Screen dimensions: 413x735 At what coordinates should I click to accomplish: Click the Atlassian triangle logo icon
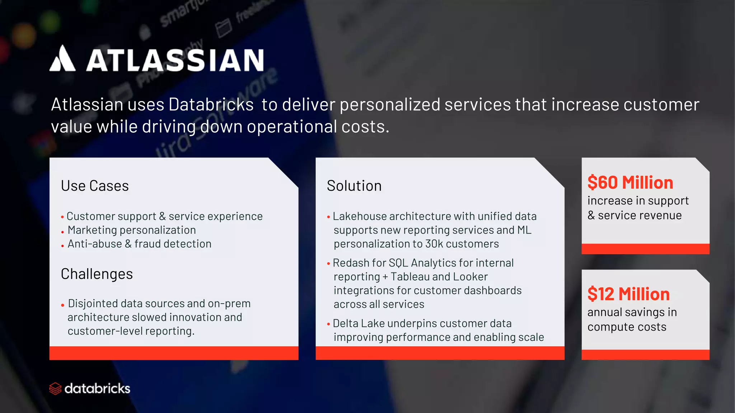[62, 59]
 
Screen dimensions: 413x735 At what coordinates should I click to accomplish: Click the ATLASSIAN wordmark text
[175, 60]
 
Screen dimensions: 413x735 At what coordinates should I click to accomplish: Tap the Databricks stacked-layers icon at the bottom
[55, 389]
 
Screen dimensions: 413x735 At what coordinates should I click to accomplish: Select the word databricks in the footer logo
[97, 389]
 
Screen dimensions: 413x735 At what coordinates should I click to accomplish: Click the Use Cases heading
[95, 186]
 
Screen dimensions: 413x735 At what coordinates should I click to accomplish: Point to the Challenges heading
[97, 274]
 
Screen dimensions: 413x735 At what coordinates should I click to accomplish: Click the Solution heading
[354, 186]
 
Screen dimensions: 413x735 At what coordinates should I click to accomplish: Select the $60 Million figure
[630, 183]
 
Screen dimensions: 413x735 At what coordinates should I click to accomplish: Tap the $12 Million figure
[628, 294]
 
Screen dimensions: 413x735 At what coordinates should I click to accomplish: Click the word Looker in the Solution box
[471, 277]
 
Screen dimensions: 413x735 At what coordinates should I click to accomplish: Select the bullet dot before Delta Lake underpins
[328, 324]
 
